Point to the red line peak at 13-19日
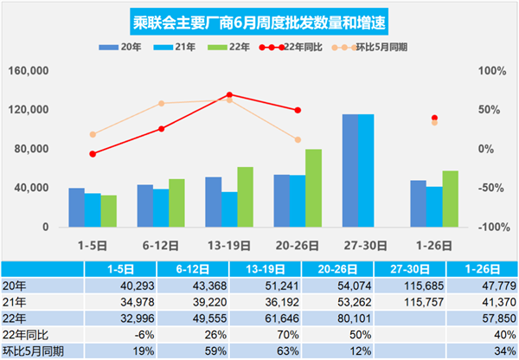(x=229, y=94)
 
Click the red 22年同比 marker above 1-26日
(x=434, y=118)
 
